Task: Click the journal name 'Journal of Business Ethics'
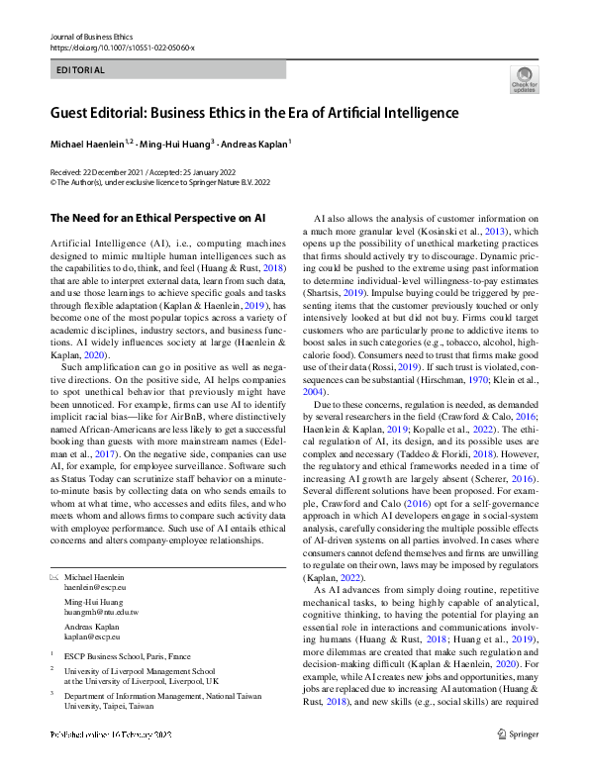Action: pos(92,35)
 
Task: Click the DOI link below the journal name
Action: pos(122,47)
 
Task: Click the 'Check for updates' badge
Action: pos(524,79)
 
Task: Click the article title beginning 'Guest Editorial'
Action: pos(254,113)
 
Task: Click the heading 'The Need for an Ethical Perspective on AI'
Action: pos(159,217)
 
